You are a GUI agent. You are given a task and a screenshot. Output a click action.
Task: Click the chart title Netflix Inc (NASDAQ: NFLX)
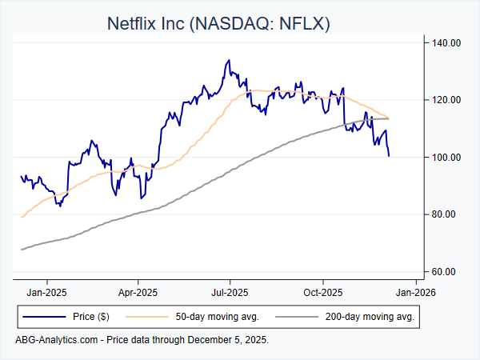click(x=218, y=23)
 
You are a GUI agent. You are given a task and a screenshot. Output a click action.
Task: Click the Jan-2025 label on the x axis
click(x=46, y=291)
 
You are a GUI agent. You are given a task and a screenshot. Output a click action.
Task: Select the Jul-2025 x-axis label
click(x=230, y=291)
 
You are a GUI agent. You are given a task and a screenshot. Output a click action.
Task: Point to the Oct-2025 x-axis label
click(x=322, y=291)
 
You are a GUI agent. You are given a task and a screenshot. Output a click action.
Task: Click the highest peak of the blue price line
click(x=229, y=59)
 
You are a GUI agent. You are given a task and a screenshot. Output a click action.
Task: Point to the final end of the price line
click(x=389, y=155)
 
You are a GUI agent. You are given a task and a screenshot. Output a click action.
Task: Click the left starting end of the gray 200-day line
click(x=21, y=250)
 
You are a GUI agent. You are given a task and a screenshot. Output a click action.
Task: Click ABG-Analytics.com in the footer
click(x=56, y=340)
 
